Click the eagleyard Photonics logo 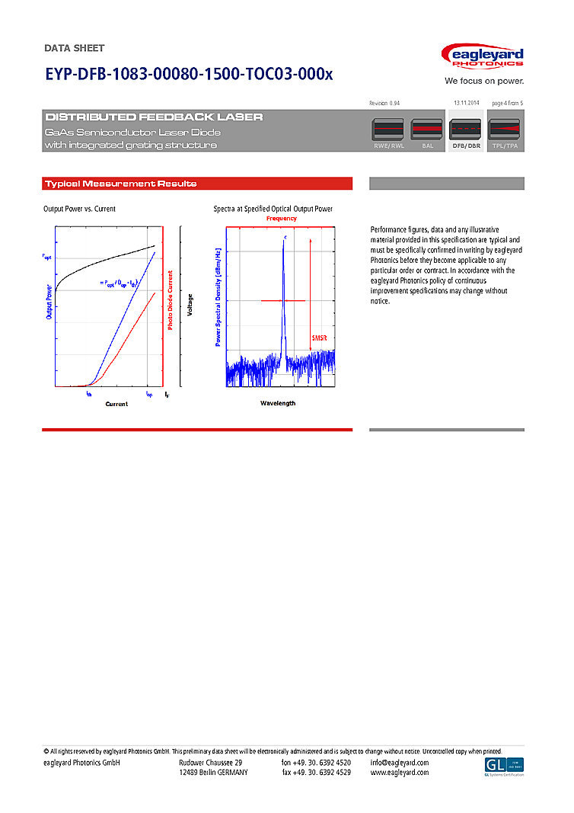[483, 57]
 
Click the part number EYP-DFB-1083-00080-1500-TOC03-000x [189, 75]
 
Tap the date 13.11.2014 [466, 103]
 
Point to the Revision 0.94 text [384, 103]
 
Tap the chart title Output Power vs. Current [79, 209]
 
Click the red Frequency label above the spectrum [281, 219]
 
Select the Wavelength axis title [277, 403]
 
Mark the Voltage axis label [190, 306]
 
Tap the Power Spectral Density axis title [218, 297]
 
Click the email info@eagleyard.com [400, 763]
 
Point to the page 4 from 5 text [508, 103]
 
